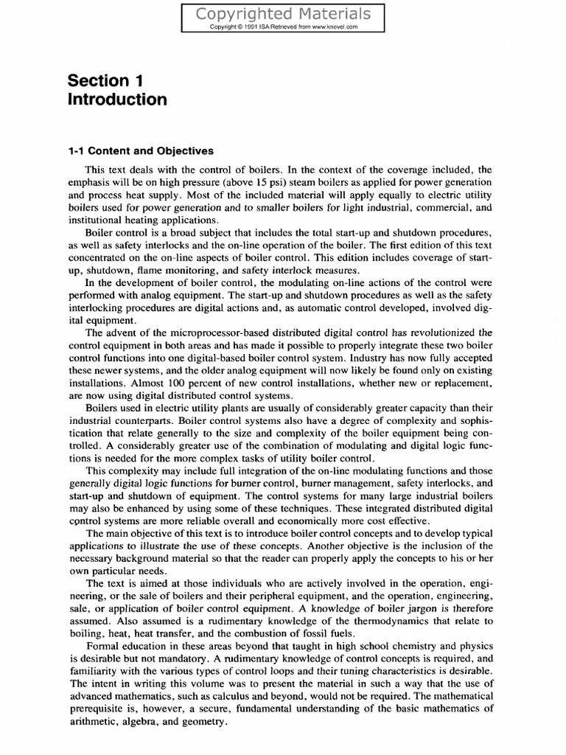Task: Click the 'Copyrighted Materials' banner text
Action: click(x=283, y=14)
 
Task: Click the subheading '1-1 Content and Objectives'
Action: click(x=136, y=151)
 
